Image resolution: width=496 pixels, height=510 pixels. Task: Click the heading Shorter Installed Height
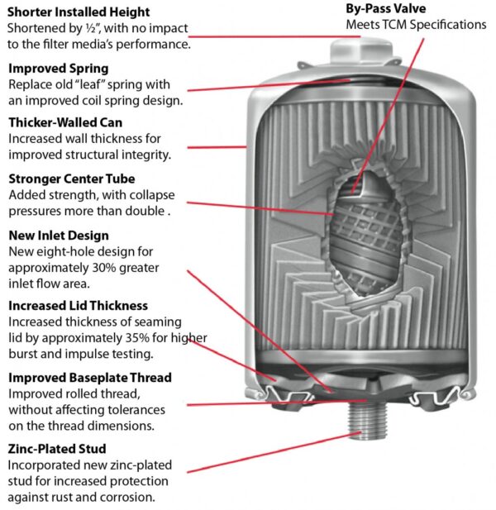[x=79, y=12]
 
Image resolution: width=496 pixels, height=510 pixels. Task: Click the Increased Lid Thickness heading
[x=78, y=305]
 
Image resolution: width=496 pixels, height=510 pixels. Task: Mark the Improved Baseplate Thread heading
[x=89, y=378]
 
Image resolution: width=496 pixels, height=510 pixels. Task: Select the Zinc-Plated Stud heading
[x=60, y=450]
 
